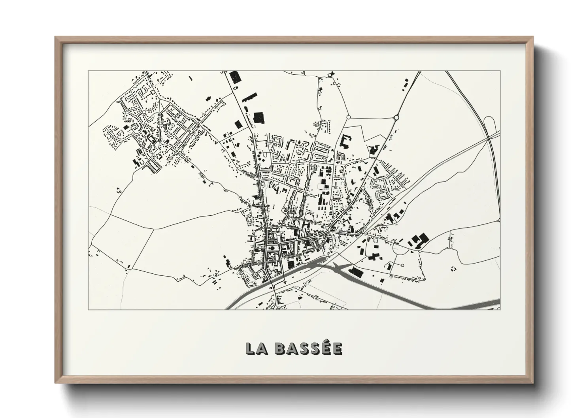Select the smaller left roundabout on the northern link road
tap(348, 117)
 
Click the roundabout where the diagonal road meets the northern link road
tap(396, 117)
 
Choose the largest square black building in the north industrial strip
tap(259, 117)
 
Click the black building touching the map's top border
tap(235, 77)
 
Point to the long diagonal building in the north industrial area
tap(249, 97)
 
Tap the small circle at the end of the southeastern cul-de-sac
tap(402, 265)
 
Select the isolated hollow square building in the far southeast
tap(453, 268)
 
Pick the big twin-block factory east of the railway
tap(419, 240)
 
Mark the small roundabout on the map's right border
tap(499, 221)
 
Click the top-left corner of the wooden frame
tap(56, 37)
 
